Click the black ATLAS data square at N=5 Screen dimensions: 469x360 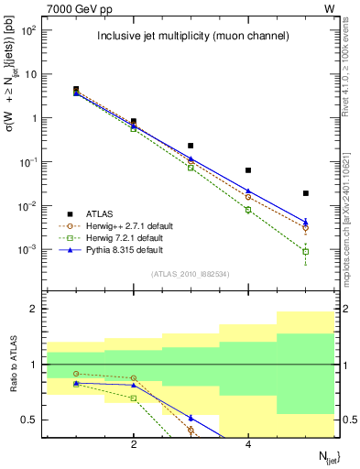pyautogui.click(x=306, y=193)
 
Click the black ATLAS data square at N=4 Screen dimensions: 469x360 pyautogui.click(x=248, y=170)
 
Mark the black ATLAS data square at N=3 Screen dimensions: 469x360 pyautogui.click(x=191, y=146)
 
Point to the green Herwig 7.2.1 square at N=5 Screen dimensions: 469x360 pyautogui.click(x=306, y=251)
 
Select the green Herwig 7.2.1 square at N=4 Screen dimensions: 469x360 pyautogui.click(x=248, y=210)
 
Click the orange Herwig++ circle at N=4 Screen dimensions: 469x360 pyautogui.click(x=248, y=197)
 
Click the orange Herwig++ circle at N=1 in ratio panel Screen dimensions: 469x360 pyautogui.click(x=76, y=374)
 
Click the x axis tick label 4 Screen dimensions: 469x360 pyautogui.click(x=248, y=444)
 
